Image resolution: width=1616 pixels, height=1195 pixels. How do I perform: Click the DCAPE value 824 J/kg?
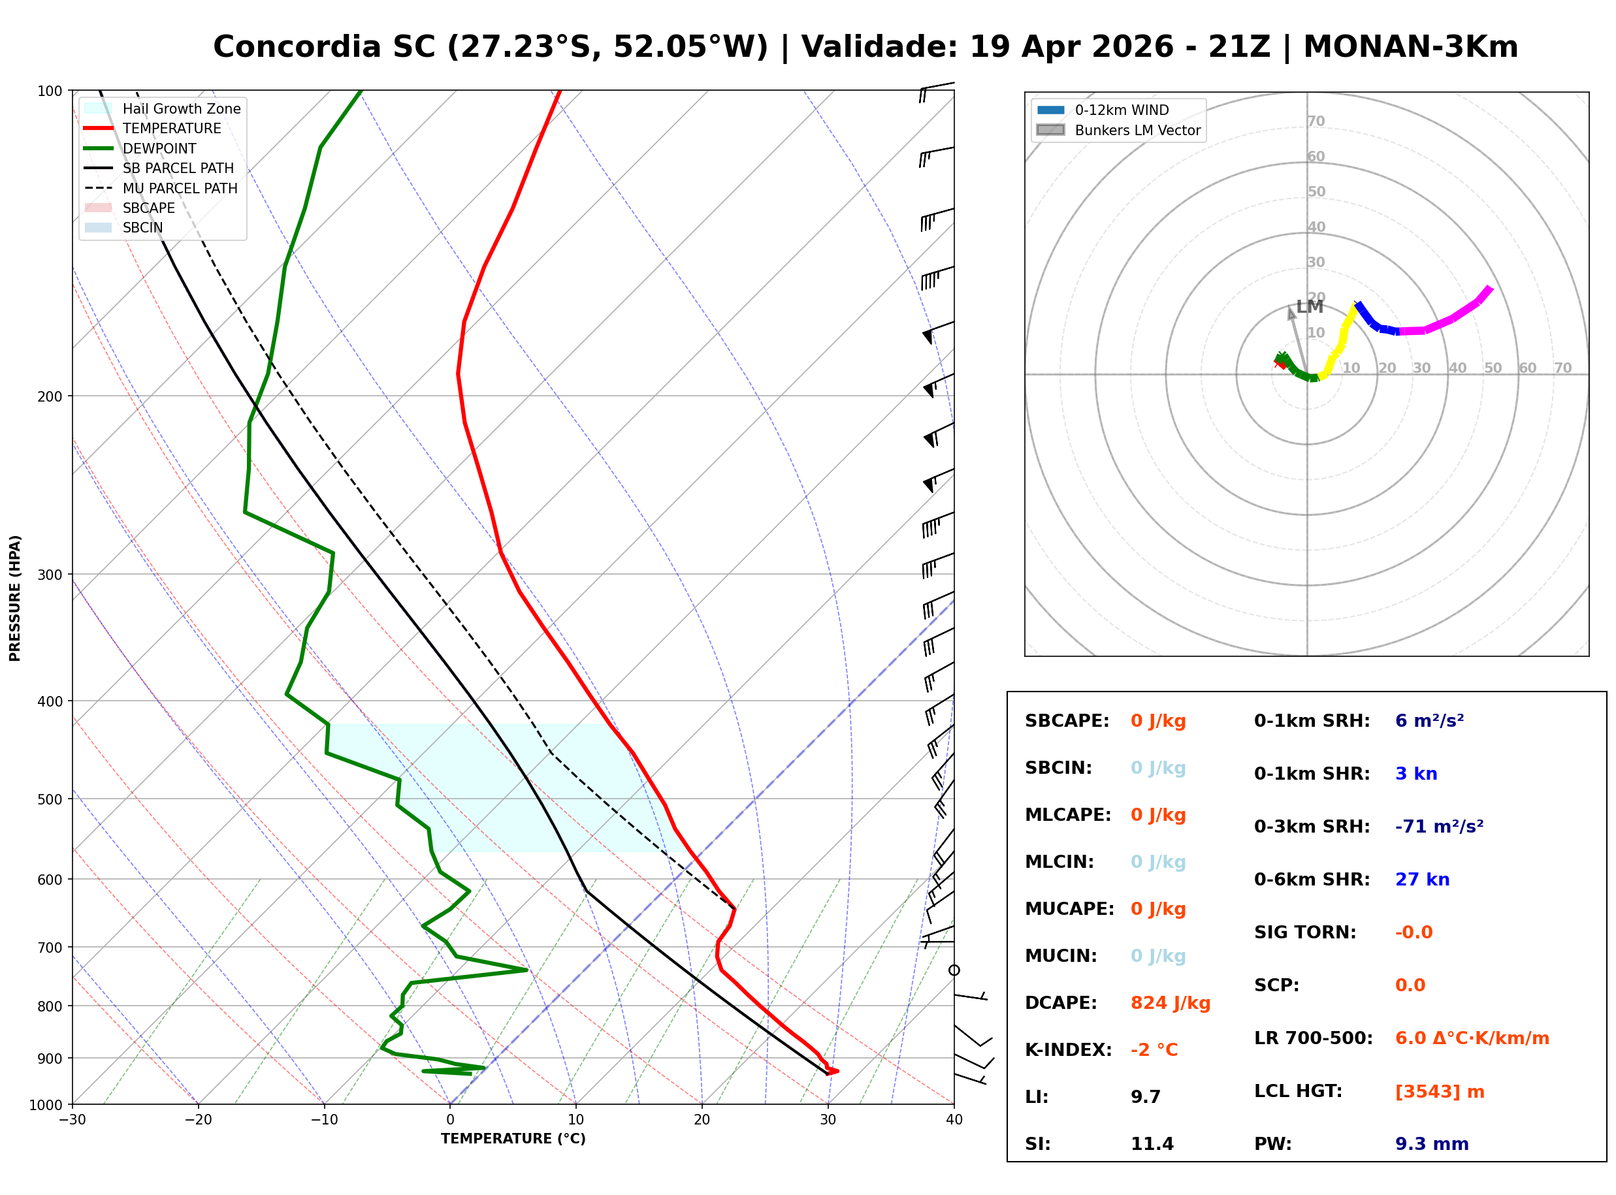pos(1170,1003)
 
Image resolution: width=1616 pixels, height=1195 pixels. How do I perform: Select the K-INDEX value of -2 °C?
pos(1154,1050)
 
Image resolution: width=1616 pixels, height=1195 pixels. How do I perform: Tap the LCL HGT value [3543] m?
pos(1440,1092)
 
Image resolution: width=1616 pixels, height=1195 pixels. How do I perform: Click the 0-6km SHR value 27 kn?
pos(1422,880)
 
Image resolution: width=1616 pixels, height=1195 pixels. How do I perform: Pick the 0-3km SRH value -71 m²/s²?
pos(1439,827)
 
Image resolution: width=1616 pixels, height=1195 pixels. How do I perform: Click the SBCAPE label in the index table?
pos(1066,721)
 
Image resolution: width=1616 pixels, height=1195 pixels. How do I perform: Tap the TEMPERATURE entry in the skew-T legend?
pos(171,129)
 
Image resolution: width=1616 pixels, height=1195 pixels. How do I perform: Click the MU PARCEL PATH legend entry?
pos(180,188)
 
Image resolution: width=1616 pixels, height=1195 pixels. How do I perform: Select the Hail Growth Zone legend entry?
pos(182,108)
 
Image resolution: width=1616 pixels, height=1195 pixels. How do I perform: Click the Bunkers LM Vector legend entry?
pos(1137,130)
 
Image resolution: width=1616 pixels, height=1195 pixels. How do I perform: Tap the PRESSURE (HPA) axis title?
pos(15,598)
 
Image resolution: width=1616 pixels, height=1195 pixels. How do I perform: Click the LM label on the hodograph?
pos(1309,307)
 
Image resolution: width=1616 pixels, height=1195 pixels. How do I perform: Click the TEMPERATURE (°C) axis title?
pos(513,1139)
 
